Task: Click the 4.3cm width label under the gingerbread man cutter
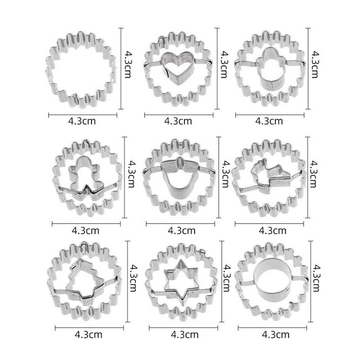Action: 85,230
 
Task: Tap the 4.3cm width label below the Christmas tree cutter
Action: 89,334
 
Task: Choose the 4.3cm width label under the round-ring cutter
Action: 275,335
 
